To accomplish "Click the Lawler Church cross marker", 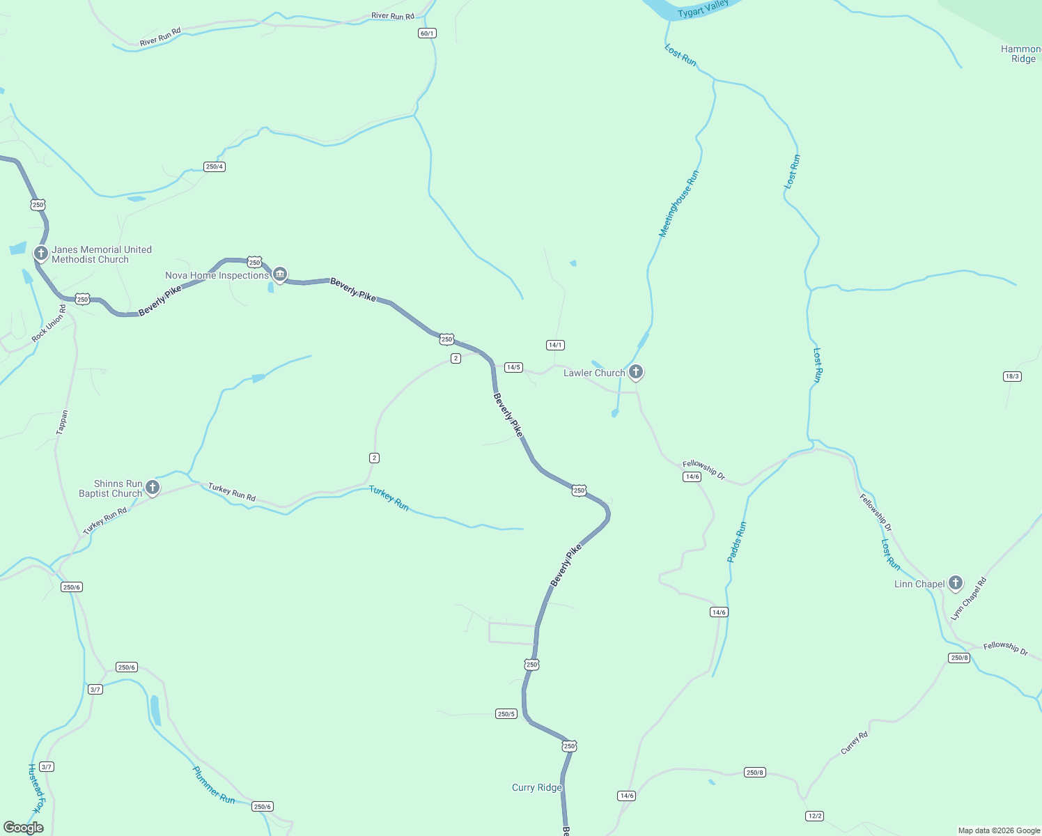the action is [x=635, y=372].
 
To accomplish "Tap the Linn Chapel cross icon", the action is [x=956, y=583].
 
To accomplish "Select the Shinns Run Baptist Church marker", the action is [x=153, y=488].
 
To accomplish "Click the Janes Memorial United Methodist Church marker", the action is [x=41, y=254].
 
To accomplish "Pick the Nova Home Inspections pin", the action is [x=280, y=274].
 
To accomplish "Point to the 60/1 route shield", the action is [x=427, y=33].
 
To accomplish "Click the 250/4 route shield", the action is [x=215, y=167].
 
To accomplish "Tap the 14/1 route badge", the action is [x=555, y=345].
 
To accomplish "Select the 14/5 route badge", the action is [x=513, y=367].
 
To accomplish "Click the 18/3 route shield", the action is [x=1012, y=376].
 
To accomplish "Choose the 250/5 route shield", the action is [x=506, y=714].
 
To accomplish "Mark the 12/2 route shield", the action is [x=814, y=816].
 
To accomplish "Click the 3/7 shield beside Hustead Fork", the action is [x=47, y=766].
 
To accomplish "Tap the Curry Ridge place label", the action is [x=536, y=787].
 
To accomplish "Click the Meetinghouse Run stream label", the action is [x=678, y=204].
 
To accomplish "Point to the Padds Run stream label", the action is [x=736, y=542].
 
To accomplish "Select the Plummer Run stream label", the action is [x=214, y=784].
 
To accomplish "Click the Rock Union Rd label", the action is [x=49, y=323].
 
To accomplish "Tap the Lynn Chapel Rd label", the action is [x=969, y=598].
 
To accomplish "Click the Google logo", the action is [x=24, y=828].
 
